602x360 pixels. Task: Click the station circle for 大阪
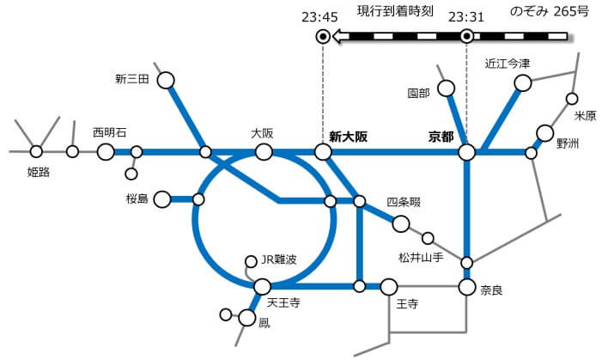pos(264,152)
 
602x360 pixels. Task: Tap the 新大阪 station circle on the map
pos(323,152)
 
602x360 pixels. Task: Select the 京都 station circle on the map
pos(467,152)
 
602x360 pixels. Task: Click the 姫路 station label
pos(39,172)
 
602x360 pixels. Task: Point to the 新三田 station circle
pos(166,81)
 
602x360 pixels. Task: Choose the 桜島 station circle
pos(162,199)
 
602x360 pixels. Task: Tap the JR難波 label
pos(279,259)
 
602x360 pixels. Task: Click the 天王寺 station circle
pos(263,287)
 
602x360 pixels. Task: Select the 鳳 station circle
pos(246,318)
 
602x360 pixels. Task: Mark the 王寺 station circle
pos(389,287)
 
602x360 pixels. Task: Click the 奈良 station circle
pos(467,287)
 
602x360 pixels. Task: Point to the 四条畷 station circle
pos(401,223)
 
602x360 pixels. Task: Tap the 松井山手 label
pos(421,258)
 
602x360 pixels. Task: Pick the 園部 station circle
pos(446,88)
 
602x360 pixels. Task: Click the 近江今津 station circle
pos(523,83)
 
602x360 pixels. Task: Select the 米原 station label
pos(585,115)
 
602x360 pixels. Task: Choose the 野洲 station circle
pos(544,133)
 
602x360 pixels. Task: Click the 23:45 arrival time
pos(319,17)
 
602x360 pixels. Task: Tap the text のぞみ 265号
pos(549,11)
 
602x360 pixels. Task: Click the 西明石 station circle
pos(106,152)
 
